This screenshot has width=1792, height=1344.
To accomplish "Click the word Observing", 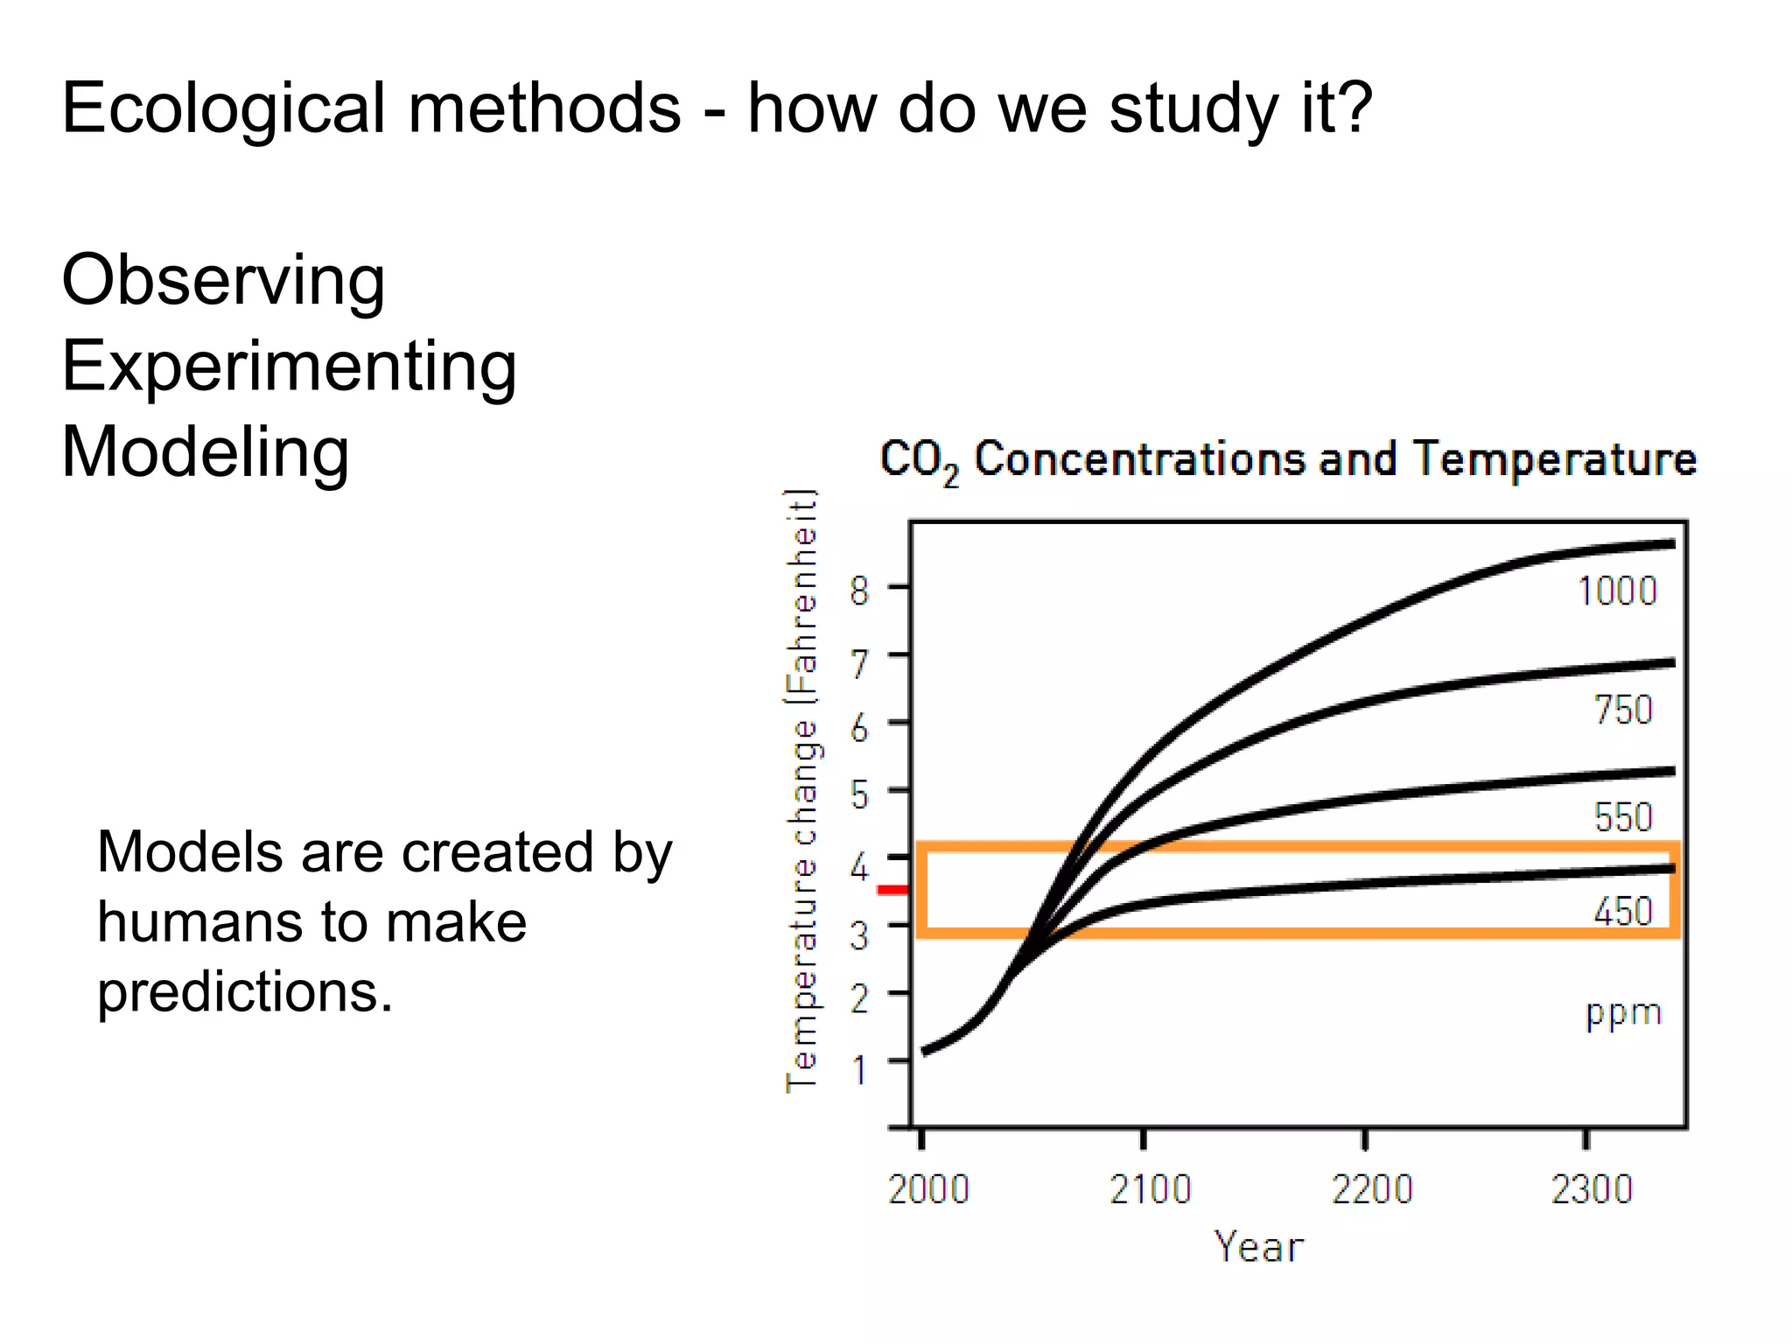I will [x=223, y=281].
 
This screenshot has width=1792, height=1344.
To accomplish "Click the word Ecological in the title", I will [x=223, y=108].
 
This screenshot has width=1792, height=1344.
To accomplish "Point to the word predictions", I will [x=245, y=993].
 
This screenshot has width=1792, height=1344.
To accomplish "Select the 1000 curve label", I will [x=1617, y=591].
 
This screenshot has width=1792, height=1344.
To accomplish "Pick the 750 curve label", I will [x=1623, y=710].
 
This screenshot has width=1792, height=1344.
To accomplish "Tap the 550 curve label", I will [x=1623, y=817].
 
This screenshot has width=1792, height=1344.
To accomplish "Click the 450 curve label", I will [x=1623, y=912].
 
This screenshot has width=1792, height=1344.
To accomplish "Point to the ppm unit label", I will [x=1623, y=1013].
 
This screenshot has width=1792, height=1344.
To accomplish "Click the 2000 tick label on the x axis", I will [x=928, y=1190].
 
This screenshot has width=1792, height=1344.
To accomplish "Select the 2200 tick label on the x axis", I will [x=1372, y=1190].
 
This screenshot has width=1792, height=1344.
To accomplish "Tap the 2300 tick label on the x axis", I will [x=1592, y=1190].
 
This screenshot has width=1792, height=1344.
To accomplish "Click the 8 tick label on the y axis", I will [x=860, y=591].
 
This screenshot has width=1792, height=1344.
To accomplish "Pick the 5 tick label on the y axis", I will [x=860, y=795].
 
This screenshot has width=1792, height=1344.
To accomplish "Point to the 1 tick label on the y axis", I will [x=860, y=1069].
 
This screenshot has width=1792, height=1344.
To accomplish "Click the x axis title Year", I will [x=1258, y=1247].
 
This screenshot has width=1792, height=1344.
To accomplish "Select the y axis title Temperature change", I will [x=801, y=792].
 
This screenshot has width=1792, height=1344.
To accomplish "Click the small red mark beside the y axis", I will [x=893, y=891].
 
